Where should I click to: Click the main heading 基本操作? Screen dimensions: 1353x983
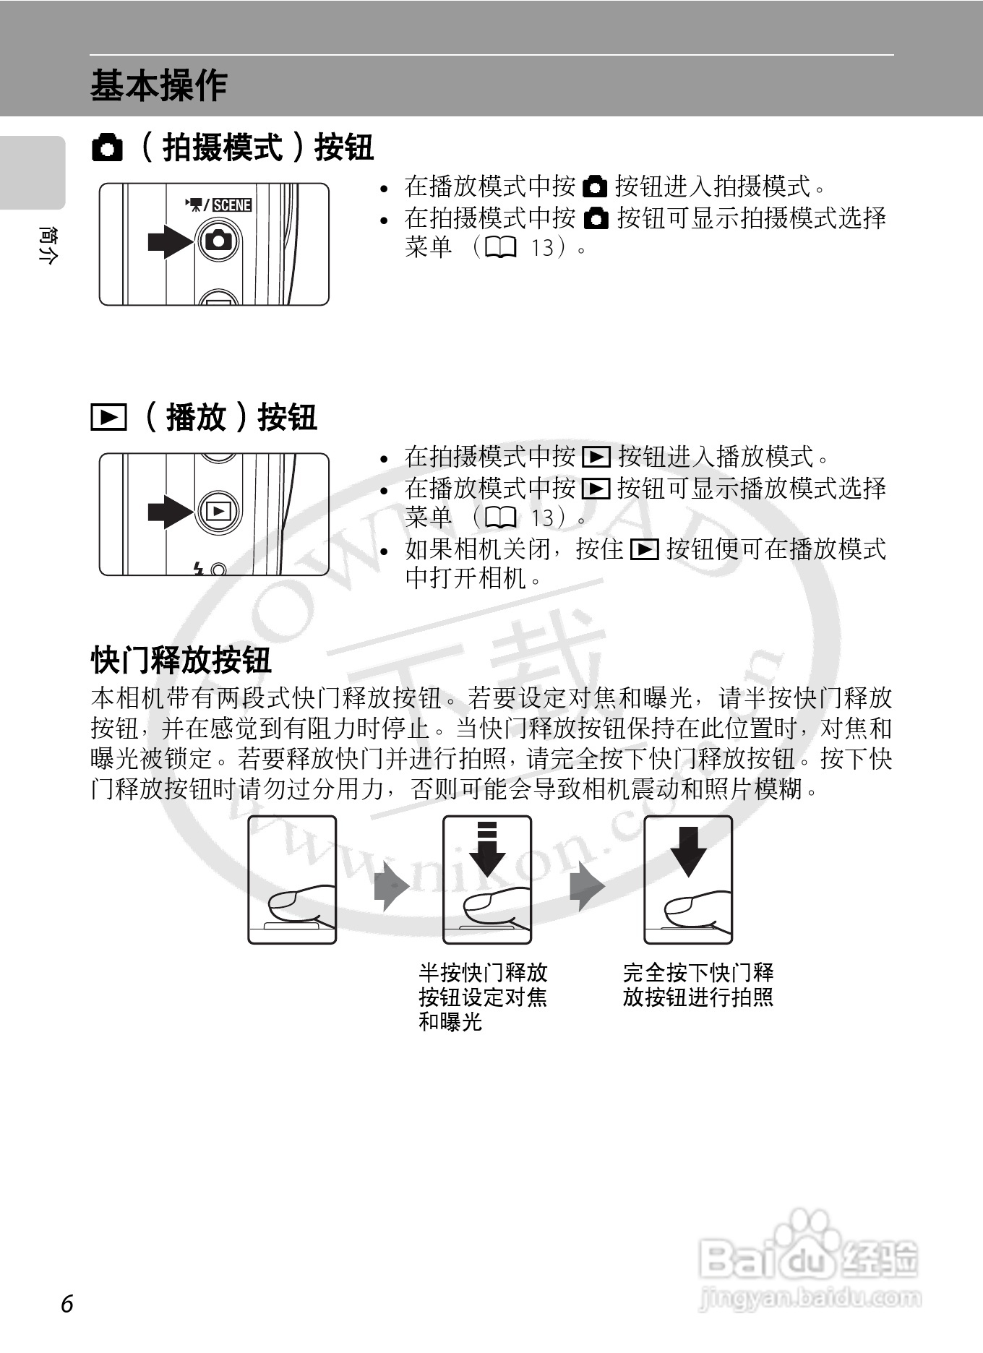(x=158, y=86)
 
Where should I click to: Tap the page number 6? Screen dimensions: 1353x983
(x=67, y=1304)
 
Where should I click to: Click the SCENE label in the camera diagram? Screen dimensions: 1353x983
(x=231, y=205)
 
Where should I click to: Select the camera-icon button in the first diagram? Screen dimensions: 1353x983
(x=218, y=240)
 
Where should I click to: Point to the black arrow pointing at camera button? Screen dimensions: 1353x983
(x=169, y=241)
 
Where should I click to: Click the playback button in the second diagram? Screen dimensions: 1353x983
(x=218, y=511)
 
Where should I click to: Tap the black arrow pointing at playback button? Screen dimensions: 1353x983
(x=169, y=511)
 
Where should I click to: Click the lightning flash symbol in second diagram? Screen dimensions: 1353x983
(x=199, y=570)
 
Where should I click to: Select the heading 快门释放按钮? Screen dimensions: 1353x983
(x=181, y=659)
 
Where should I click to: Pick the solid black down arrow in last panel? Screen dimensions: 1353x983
(x=688, y=851)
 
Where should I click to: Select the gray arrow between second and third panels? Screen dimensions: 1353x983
(x=587, y=886)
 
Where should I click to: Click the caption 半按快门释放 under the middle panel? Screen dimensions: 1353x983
(x=483, y=973)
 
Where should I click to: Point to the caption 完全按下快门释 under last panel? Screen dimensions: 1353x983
(x=698, y=973)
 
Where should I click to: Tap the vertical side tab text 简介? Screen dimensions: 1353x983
(x=46, y=246)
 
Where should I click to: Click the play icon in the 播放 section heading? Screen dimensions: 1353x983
(x=108, y=418)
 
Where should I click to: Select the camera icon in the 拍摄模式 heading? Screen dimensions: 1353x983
(x=108, y=148)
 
